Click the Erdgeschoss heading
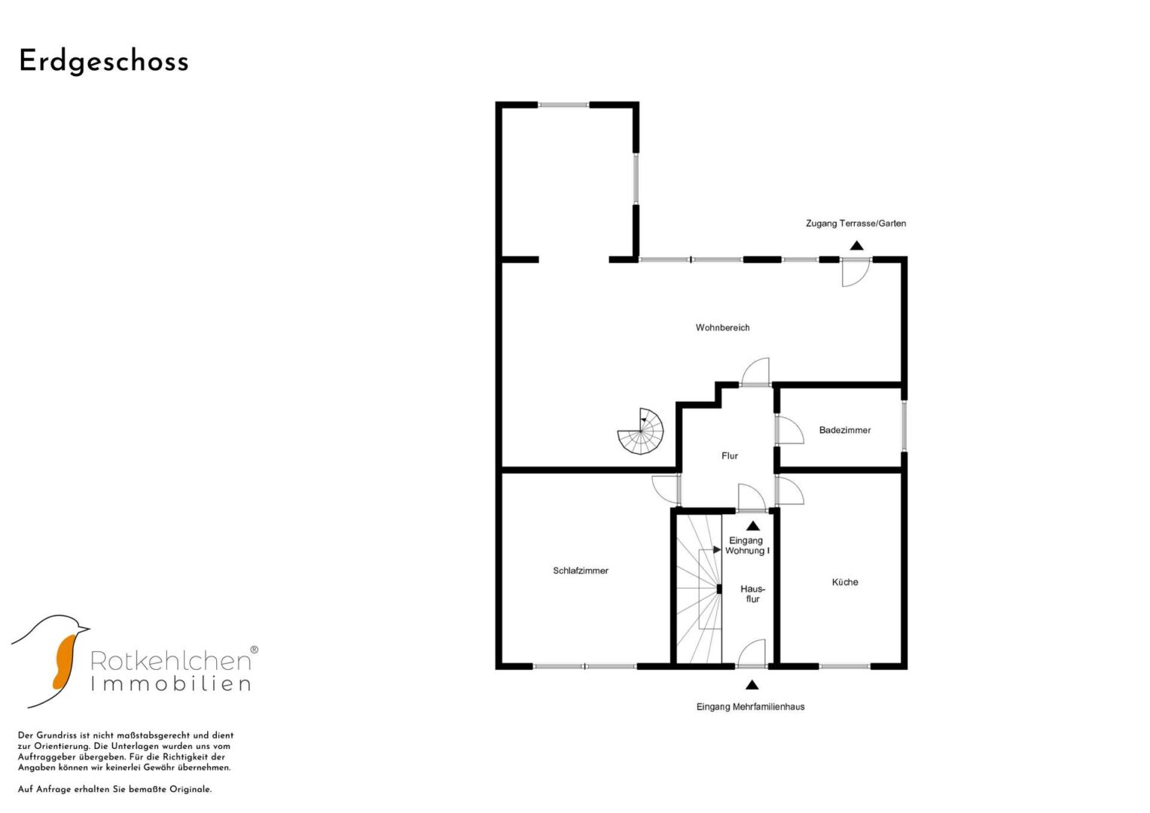pos(104,62)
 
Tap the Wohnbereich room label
pos(722,327)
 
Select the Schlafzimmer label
pos(580,571)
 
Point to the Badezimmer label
pos(844,430)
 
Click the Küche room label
pos(844,582)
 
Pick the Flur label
pos(730,455)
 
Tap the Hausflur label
pos(752,594)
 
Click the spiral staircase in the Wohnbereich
pos(640,431)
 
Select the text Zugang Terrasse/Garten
pos(856,224)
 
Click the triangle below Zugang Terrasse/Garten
pos(856,246)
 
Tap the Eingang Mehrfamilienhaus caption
pos(750,707)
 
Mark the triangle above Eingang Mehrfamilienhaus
pos(752,685)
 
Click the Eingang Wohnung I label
pos(747,546)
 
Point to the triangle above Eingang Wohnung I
pos(753,526)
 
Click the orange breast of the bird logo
pos(64,662)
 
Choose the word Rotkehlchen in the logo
pos(170,661)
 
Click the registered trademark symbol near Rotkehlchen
pos(254,650)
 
